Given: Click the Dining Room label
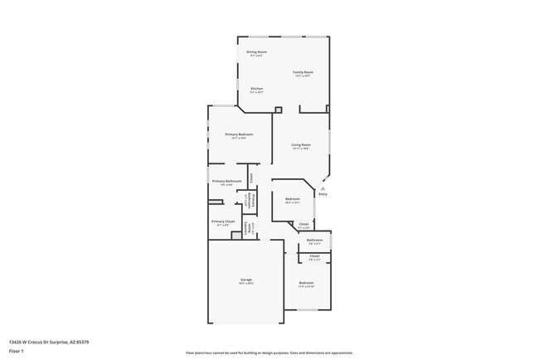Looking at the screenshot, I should pos(257,53).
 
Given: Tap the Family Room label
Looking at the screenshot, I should pos(303,73).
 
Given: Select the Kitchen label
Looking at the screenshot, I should pos(257,90).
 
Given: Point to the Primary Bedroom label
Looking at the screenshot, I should pos(239,135).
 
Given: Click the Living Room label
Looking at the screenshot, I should pos(300,146).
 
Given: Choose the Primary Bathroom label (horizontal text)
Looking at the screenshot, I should pos(226,182).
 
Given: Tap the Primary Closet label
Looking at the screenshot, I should pos(223,222).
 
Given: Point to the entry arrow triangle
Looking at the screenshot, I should pos(323,188).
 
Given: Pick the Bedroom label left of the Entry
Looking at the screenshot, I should pos(293,200).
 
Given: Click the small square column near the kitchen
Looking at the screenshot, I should pos(279,109).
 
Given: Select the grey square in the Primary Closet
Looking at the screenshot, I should pos(236,235).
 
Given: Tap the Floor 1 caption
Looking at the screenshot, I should pos(15,349).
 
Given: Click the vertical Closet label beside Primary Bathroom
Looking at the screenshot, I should pos(251,177).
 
